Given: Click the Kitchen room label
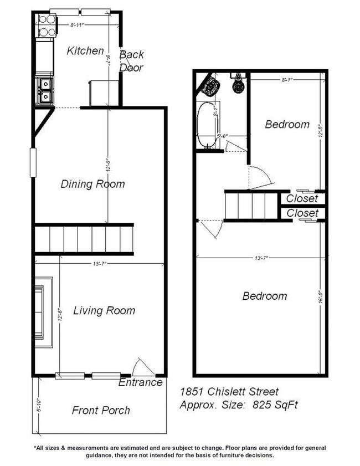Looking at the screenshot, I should coord(85,51).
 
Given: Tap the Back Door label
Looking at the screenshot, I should coord(131,61).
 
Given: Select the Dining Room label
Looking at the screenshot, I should coord(92,184).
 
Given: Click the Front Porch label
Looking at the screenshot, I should coord(101,411).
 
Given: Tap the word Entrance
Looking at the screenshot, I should coord(141,382).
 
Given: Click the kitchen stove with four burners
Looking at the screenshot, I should coord(46,25).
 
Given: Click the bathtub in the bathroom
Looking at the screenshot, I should coord(208,125).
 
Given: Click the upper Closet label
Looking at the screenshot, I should coord(302,198).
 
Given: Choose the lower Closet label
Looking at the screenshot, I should coord(302,213).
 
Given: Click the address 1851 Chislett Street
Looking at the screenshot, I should coord(229,392).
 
